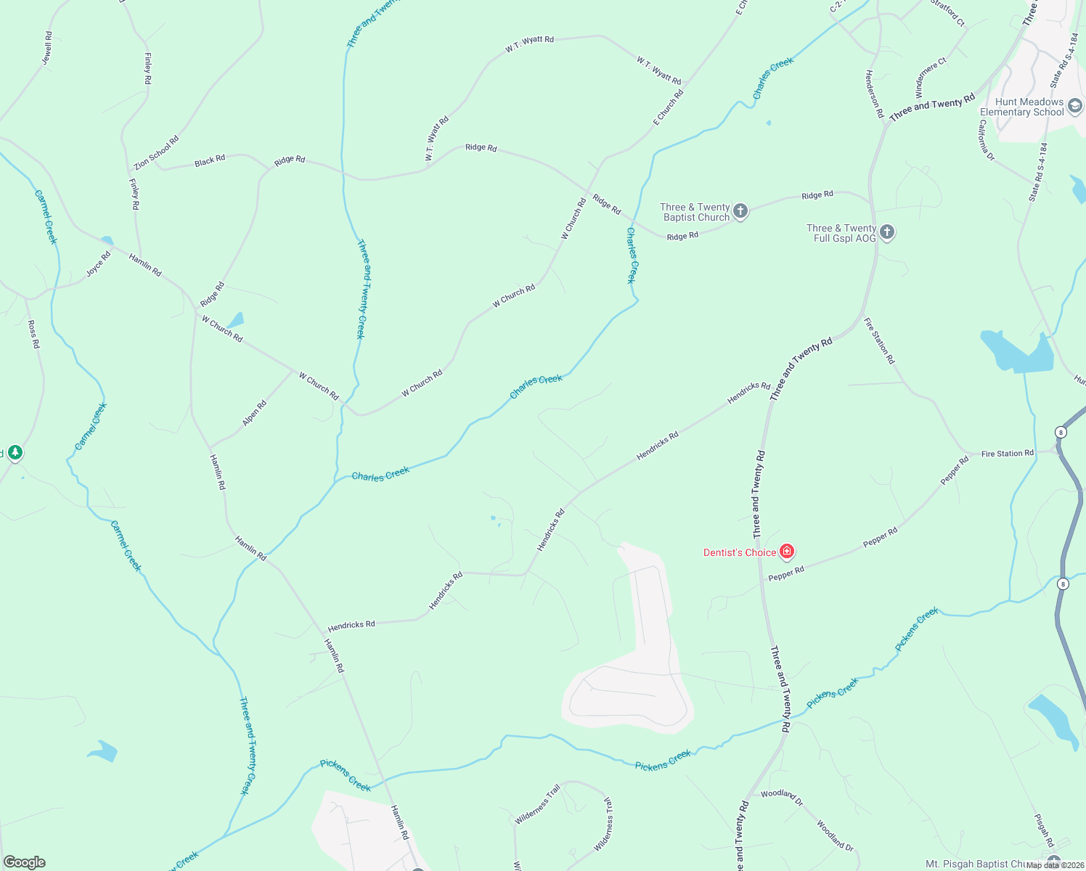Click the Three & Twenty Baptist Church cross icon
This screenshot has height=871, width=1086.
[740, 211]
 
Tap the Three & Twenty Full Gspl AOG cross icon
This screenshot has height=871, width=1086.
[886, 232]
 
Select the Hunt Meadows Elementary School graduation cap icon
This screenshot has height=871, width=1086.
[1074, 106]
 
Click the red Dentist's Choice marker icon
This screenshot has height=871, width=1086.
[786, 552]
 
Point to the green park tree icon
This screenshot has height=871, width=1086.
[15, 453]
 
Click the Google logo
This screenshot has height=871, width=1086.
[25, 862]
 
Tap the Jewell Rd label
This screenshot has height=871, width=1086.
[47, 48]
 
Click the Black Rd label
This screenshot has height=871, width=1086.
[210, 160]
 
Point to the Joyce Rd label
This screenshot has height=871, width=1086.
[99, 263]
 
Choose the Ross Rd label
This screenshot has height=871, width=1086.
[33, 334]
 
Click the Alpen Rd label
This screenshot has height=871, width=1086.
[255, 413]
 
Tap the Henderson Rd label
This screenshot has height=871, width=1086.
[874, 94]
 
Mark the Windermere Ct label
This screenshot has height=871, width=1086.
[931, 78]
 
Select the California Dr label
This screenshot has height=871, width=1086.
[986, 140]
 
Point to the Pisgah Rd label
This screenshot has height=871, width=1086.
[1044, 830]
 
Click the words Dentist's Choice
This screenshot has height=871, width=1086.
[740, 552]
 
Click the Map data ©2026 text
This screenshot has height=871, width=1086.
[1053, 865]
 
